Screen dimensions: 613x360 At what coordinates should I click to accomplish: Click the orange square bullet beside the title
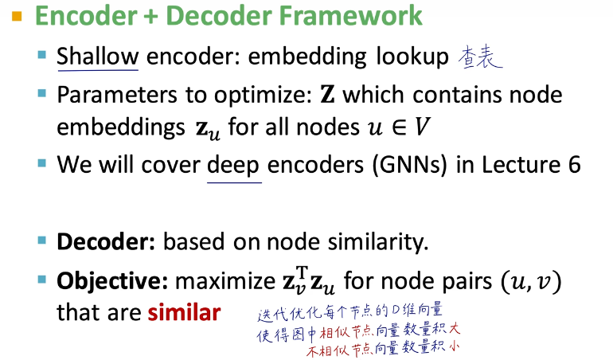pyautogui.click(x=17, y=17)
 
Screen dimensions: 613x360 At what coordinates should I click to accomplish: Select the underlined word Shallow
pyautogui.click(x=98, y=57)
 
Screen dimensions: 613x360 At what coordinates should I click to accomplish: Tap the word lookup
pyautogui.click(x=412, y=57)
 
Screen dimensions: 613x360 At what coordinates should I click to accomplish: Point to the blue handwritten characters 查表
pyautogui.click(x=480, y=57)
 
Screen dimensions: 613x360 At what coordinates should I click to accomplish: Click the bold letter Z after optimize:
pyautogui.click(x=328, y=95)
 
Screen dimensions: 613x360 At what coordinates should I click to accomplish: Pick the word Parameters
pyautogui.click(x=117, y=95)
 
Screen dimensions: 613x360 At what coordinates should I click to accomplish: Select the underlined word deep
pyautogui.click(x=233, y=166)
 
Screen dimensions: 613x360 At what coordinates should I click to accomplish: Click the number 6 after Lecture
pyautogui.click(x=574, y=165)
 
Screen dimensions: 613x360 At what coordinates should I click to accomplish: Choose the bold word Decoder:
pyautogui.click(x=106, y=242)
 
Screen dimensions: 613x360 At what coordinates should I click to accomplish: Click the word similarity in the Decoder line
pyautogui.click(x=377, y=242)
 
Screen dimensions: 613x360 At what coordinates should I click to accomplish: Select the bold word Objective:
pyautogui.click(x=112, y=281)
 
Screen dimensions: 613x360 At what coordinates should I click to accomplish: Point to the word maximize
pyautogui.click(x=225, y=281)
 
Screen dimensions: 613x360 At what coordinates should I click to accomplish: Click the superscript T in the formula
pyautogui.click(x=302, y=271)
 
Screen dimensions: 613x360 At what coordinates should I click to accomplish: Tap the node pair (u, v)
pyautogui.click(x=531, y=281)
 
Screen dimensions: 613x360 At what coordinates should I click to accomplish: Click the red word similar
pyautogui.click(x=184, y=313)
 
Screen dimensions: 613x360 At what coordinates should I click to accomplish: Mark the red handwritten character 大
pyautogui.click(x=455, y=328)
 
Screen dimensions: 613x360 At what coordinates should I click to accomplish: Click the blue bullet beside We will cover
pyautogui.click(x=42, y=162)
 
